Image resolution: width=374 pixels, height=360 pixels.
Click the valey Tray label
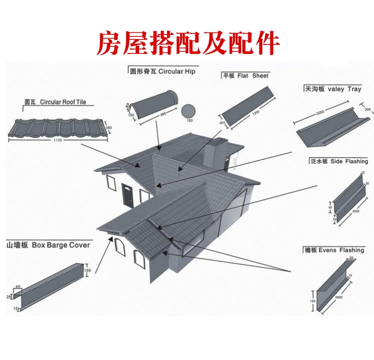(333, 89)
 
